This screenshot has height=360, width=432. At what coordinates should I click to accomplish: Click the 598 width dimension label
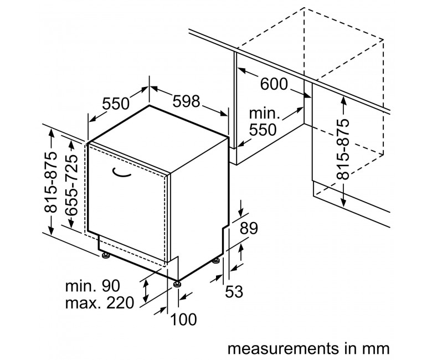pos(186,101)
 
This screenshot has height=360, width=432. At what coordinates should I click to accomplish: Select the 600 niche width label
pos(274,84)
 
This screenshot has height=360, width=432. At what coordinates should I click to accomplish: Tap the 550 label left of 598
pos(116,104)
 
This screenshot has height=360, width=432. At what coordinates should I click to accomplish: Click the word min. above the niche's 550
pos(264,113)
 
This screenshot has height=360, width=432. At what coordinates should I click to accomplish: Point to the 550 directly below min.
pos(263,130)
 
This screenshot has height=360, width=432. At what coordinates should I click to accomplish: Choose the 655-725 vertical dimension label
pos(72,185)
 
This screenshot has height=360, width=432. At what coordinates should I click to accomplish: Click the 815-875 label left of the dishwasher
pos(51,182)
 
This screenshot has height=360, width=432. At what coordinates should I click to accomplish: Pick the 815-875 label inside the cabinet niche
pos(343,149)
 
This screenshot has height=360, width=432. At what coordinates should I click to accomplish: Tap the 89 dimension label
pos(249,228)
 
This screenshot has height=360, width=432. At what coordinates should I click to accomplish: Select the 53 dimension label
pos(234,292)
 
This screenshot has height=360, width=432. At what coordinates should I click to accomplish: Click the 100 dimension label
pos(183,320)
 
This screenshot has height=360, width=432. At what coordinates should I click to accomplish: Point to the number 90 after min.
pos(111,286)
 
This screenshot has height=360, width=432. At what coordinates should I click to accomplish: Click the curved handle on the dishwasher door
pos(121,172)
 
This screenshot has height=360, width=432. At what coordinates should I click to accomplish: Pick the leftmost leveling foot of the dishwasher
pos(106,255)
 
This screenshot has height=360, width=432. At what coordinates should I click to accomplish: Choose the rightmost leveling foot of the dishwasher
pos(217,260)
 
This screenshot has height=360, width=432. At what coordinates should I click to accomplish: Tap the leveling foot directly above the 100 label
pos(177,284)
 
